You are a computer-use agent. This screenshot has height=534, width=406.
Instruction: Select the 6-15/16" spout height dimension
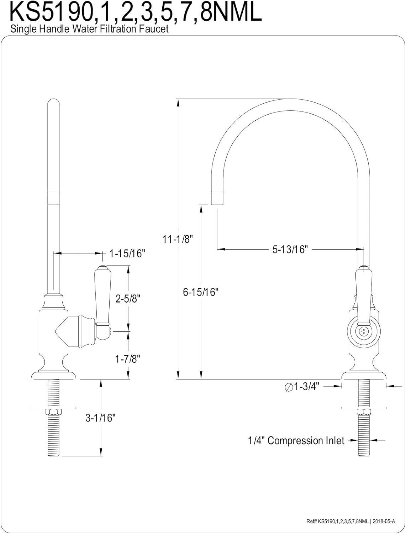(x=200, y=292)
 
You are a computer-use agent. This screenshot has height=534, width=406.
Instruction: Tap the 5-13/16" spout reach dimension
(x=290, y=249)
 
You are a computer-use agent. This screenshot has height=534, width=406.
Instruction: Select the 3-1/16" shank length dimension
(x=101, y=418)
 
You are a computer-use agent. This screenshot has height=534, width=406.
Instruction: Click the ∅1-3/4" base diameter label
(x=302, y=386)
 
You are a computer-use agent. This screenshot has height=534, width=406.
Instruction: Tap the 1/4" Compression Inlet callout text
(x=296, y=441)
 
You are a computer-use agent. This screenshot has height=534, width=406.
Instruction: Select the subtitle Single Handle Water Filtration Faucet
(x=89, y=29)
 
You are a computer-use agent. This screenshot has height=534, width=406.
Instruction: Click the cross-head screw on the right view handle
(x=363, y=331)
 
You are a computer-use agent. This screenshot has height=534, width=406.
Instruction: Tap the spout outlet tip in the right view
(x=217, y=198)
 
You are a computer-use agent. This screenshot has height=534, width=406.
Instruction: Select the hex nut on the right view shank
(x=363, y=412)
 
